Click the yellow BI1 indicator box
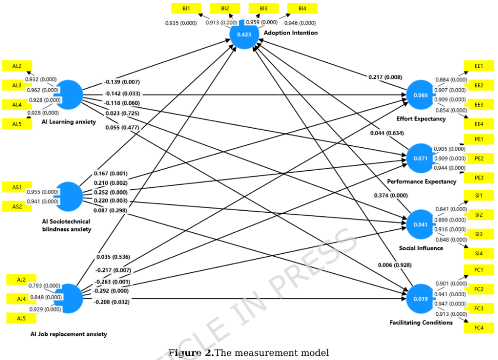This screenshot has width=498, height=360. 186,9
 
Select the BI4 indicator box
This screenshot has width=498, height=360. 302,9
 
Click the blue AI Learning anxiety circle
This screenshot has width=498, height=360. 69,94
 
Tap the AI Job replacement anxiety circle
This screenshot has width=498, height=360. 69,299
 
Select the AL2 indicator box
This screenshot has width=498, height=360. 17,66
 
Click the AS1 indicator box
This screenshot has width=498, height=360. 17,187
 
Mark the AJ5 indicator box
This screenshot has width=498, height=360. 21,317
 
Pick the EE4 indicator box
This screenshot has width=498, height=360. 478,124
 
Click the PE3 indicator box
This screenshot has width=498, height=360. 478,178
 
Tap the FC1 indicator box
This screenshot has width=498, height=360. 478,270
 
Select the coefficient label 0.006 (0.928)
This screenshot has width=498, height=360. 395,266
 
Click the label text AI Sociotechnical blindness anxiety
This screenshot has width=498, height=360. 66,225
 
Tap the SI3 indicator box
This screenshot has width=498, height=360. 478,234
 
